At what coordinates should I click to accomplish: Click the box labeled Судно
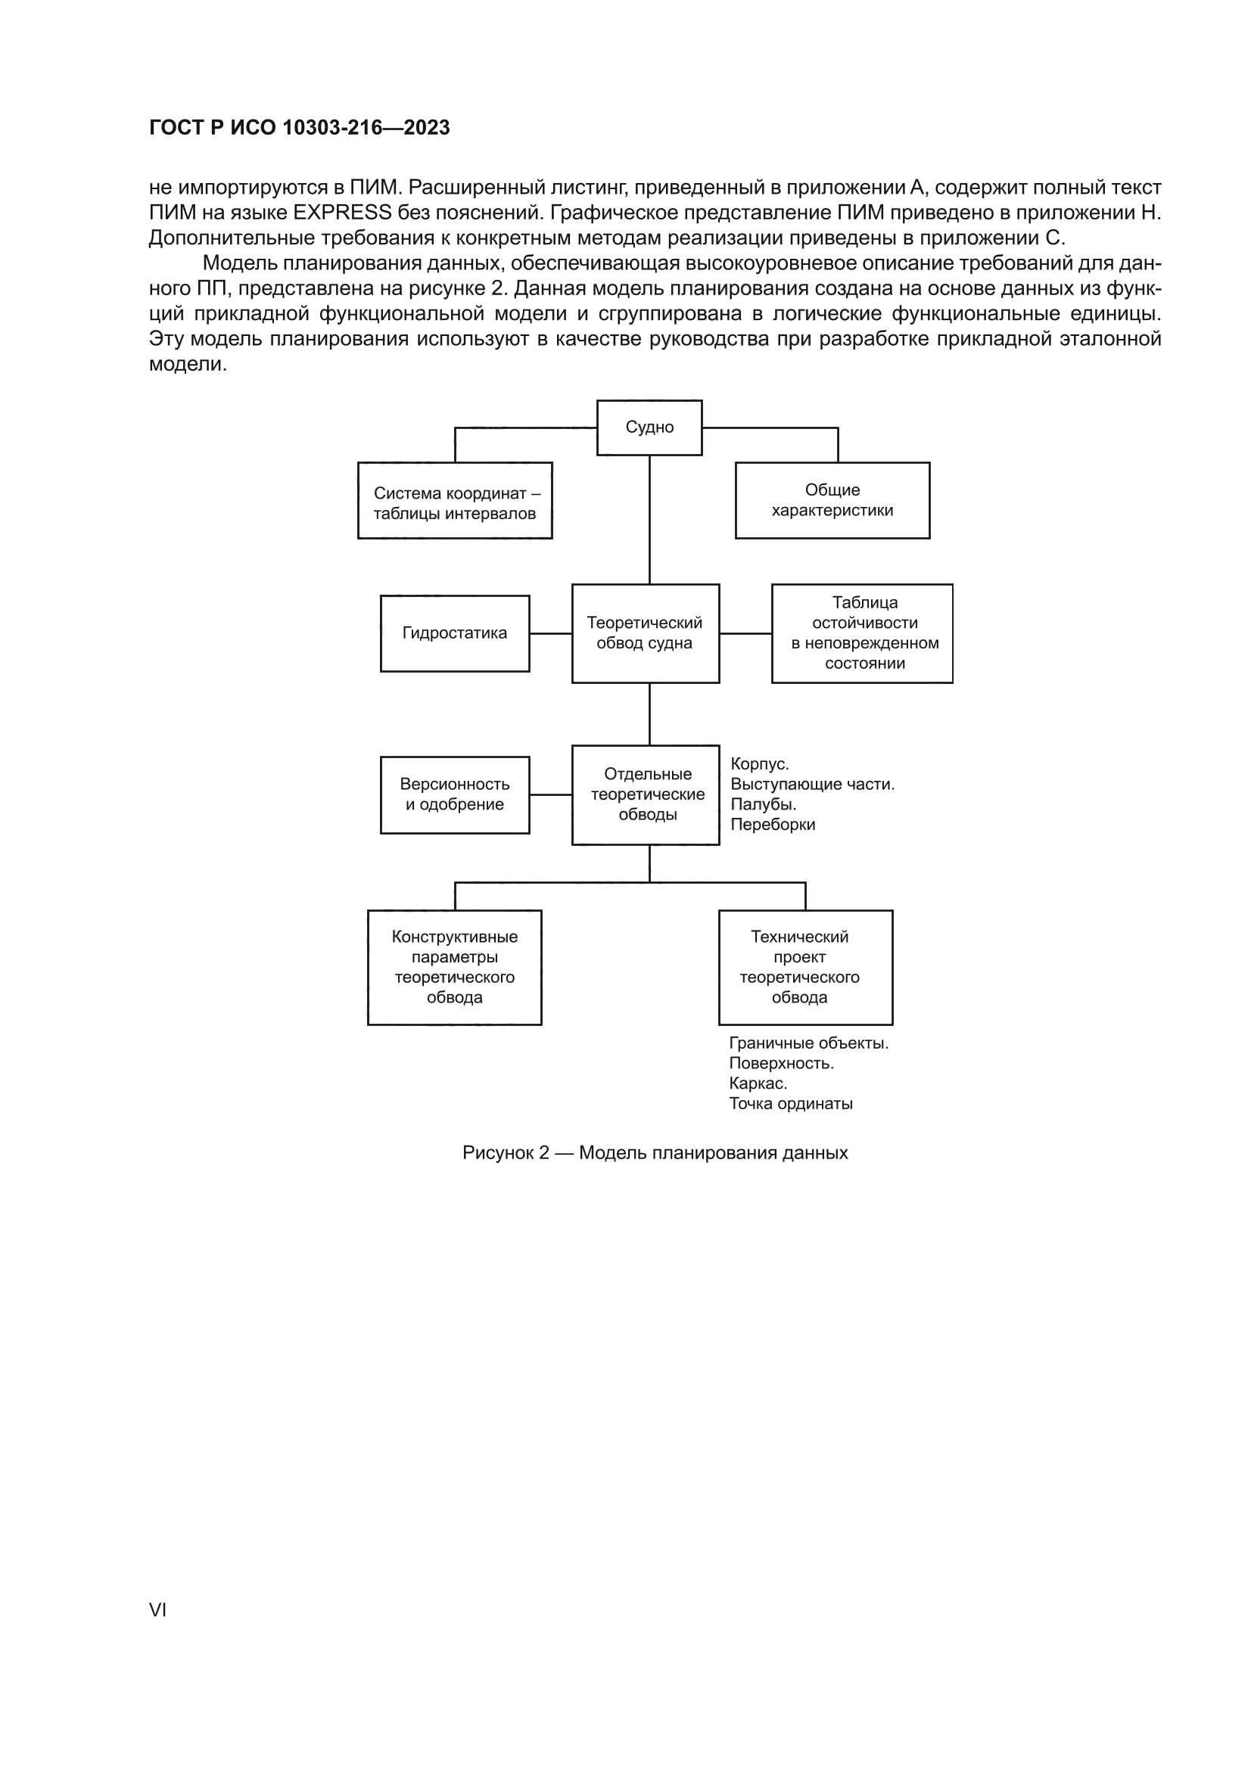649,427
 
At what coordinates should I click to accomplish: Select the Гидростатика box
455,633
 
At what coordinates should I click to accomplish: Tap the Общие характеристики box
832,500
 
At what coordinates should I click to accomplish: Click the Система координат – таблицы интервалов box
455,500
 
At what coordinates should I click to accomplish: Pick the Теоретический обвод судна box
645,633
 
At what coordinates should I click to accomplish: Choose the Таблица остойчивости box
862,633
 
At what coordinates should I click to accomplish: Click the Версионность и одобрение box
455,794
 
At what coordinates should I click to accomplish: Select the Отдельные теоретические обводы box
645,794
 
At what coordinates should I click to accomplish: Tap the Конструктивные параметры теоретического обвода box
455,967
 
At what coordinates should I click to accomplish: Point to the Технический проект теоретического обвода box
805,967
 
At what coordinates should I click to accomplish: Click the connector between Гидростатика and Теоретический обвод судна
550,633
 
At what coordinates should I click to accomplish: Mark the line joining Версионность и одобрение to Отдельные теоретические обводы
550,794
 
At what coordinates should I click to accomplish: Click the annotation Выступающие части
812,785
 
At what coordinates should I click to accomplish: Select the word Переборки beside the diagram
773,825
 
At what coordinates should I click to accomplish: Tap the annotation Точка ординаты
791,1103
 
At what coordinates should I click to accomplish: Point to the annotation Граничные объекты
808,1043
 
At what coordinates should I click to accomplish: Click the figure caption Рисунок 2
655,1152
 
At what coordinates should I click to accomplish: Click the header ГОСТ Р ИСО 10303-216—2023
299,128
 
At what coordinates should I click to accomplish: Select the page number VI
157,1609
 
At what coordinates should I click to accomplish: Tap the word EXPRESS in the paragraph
343,213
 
